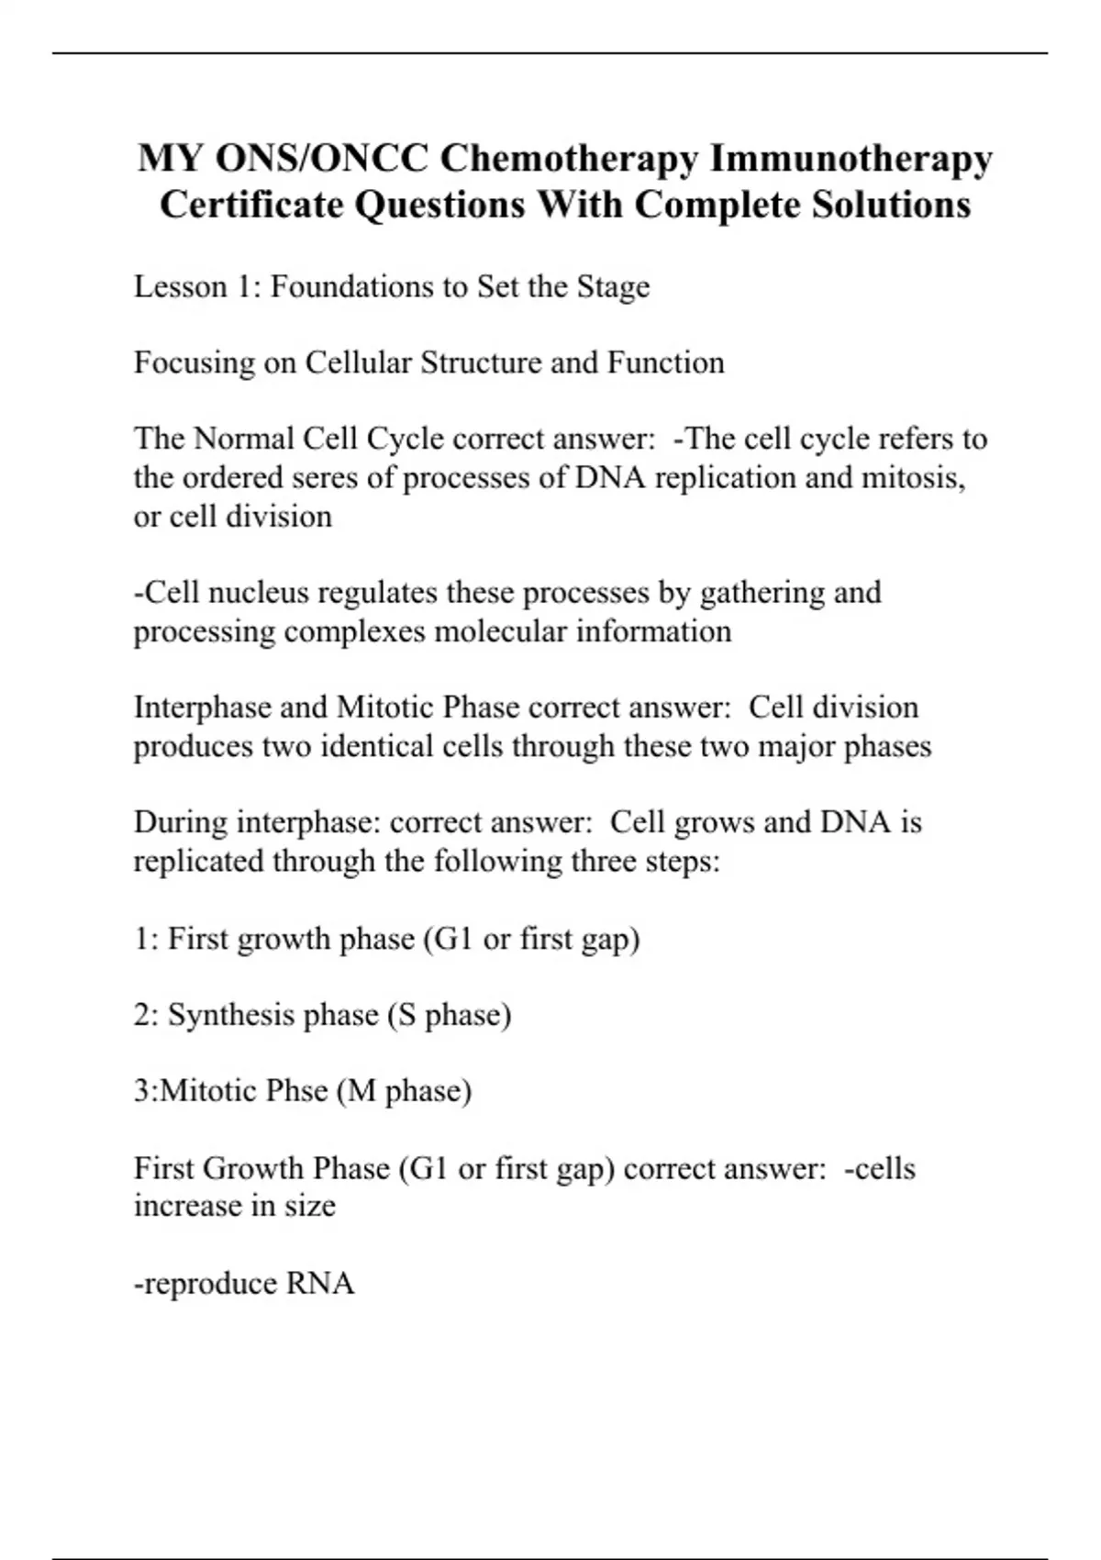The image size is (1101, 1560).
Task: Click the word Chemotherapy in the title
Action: coord(569,159)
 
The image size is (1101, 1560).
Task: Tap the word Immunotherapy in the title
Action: coord(851,159)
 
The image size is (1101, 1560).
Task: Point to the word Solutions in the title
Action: coord(892,205)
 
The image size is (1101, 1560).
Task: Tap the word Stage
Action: coord(613,287)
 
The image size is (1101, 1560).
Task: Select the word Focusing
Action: coord(195,363)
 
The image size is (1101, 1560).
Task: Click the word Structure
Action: coord(481,363)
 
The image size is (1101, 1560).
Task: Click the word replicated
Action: coord(199,862)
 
